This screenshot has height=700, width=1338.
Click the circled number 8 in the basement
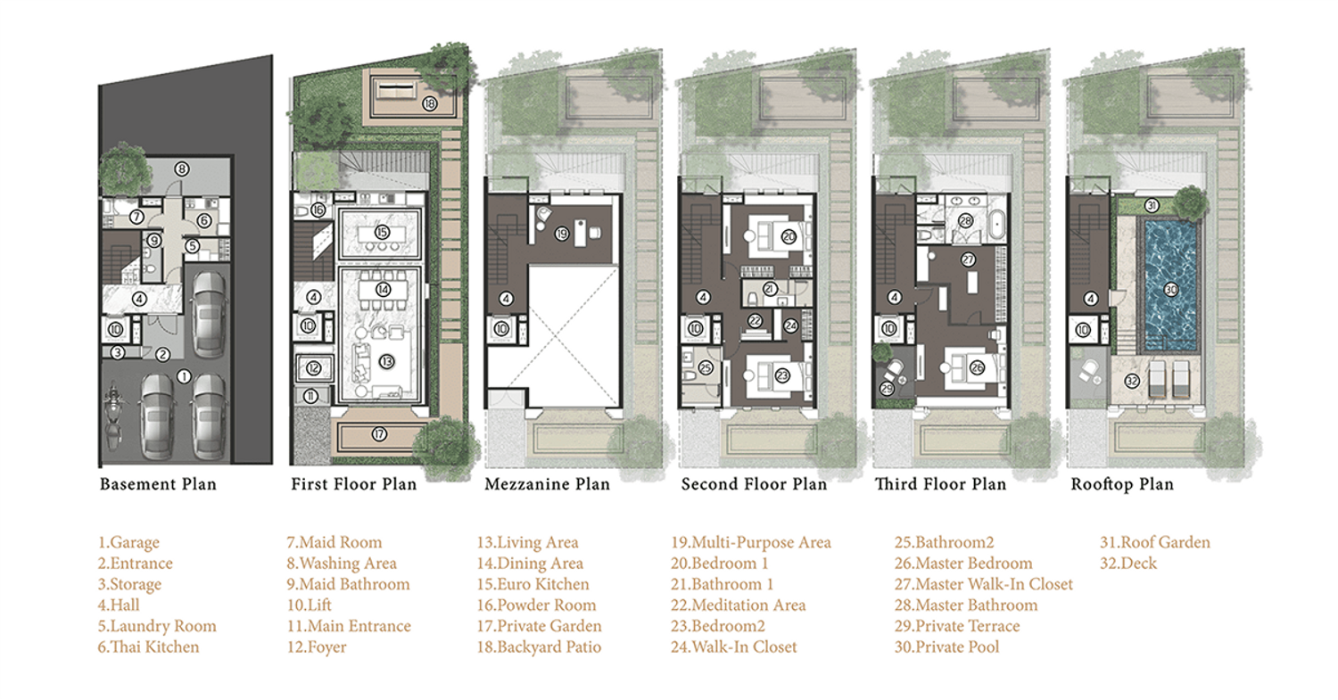(182, 169)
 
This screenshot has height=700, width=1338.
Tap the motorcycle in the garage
(113, 417)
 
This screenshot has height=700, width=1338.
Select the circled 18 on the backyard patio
(429, 104)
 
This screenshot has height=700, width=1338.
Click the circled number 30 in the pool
(1170, 290)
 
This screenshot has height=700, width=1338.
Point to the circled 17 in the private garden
(379, 434)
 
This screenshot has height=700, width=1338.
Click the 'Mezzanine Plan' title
(547, 484)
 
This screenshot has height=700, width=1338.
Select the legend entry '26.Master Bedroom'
(962, 564)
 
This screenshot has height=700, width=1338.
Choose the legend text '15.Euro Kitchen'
(533, 584)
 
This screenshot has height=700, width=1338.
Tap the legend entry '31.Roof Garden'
(1154, 542)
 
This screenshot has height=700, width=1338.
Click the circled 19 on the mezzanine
(561, 235)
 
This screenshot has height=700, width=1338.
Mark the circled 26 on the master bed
(978, 367)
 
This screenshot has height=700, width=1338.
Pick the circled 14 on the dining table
(383, 290)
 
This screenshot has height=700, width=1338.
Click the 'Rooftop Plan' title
(1122, 484)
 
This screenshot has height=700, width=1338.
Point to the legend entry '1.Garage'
(128, 542)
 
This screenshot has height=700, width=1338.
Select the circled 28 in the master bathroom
(966, 221)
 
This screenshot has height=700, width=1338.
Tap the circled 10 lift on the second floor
(695, 328)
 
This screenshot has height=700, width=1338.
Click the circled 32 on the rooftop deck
(1132, 381)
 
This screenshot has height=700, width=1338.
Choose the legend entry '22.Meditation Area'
(738, 605)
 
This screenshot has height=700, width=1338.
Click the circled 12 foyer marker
(314, 368)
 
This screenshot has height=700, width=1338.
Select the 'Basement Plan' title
(158, 484)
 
